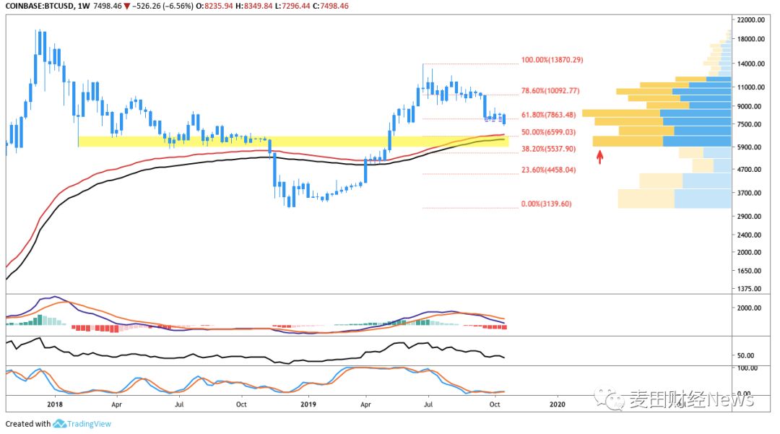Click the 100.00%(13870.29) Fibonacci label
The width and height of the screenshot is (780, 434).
pyautogui.click(x=552, y=60)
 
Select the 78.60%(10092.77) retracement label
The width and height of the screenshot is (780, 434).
pyautogui.click(x=550, y=90)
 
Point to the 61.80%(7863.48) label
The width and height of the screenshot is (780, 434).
pyautogui.click(x=548, y=114)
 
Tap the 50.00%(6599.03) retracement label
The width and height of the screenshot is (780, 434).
pyautogui.click(x=548, y=131)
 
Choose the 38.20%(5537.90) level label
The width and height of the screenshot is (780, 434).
pyautogui.click(x=548, y=149)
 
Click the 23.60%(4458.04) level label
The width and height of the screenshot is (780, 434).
pyautogui.click(x=548, y=170)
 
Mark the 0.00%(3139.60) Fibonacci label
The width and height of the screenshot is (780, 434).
pyautogui.click(x=546, y=204)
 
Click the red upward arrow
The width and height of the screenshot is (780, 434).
pyautogui.click(x=600, y=157)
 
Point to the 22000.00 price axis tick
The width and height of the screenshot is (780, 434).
pyautogui.click(x=750, y=20)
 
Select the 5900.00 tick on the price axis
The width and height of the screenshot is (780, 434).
pyautogui.click(x=749, y=147)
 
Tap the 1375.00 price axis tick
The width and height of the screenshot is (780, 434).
pyautogui.click(x=749, y=289)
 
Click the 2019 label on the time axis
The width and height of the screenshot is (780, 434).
pyautogui.click(x=308, y=404)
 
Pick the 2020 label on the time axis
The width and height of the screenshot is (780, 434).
pyautogui.click(x=557, y=404)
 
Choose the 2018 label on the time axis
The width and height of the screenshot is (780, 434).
pyautogui.click(x=55, y=404)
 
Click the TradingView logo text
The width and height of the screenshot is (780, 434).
pyautogui.click(x=89, y=424)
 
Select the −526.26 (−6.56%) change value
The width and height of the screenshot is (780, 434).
pyautogui.click(x=162, y=6)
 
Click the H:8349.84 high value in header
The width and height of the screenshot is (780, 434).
pyautogui.click(x=253, y=6)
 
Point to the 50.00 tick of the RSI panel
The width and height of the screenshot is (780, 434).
pyautogui.click(x=745, y=355)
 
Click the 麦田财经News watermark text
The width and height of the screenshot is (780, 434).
pyautogui.click(x=691, y=399)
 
